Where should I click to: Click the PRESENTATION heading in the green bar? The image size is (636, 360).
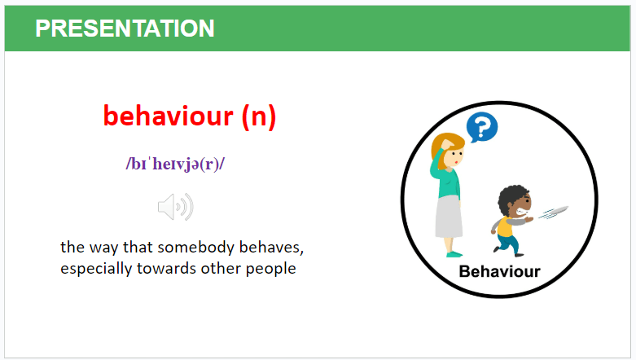[125, 29]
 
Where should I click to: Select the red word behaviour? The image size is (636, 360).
[169, 116]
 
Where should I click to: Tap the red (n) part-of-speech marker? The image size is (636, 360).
[259, 117]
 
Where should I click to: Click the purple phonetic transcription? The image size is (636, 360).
[175, 164]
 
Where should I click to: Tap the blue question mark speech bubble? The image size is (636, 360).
[481, 127]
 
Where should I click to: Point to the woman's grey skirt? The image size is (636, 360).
[449, 217]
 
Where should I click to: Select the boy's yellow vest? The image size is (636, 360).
[505, 226]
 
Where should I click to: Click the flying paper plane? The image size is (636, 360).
[553, 213]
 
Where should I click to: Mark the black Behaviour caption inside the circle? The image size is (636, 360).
[499, 271]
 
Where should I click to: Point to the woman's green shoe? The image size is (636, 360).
[454, 254]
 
